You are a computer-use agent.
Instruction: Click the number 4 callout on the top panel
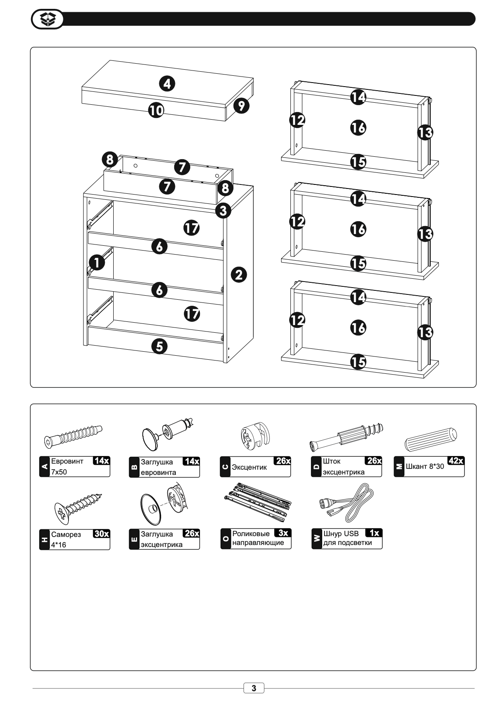[167, 84]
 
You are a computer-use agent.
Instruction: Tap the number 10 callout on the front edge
[156, 110]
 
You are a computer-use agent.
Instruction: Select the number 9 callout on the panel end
[241, 106]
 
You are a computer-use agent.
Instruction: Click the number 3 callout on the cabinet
[223, 210]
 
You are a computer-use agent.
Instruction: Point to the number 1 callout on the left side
[96, 262]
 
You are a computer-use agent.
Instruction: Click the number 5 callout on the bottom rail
[160, 346]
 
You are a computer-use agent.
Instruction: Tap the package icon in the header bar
[48, 19]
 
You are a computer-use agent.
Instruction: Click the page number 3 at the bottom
[254, 688]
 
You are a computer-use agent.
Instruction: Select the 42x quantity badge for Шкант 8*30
[456, 461]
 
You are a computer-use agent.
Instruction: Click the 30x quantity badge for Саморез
[101, 534]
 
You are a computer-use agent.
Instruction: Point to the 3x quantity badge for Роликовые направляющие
[283, 533]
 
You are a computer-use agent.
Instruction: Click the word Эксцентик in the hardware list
[249, 467]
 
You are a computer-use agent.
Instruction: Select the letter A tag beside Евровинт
[44, 467]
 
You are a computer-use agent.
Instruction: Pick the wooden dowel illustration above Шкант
[431, 439]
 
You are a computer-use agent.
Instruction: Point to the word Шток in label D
[331, 461]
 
